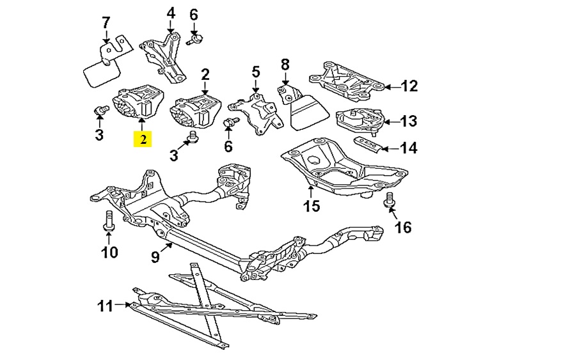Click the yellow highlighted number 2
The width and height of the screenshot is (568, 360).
click(143, 139)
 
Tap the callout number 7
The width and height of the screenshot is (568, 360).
click(106, 24)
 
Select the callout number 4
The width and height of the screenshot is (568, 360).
click(171, 12)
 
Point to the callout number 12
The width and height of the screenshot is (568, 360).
click(409, 86)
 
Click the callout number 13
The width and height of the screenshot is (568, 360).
click(409, 120)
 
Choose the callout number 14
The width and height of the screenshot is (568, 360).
click(409, 148)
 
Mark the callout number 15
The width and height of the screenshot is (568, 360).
click(311, 207)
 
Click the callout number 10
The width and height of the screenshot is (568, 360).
click(109, 252)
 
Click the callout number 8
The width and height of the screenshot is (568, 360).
click(285, 64)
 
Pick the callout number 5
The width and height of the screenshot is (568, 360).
click(255, 71)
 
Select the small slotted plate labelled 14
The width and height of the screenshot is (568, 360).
click(370, 143)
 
